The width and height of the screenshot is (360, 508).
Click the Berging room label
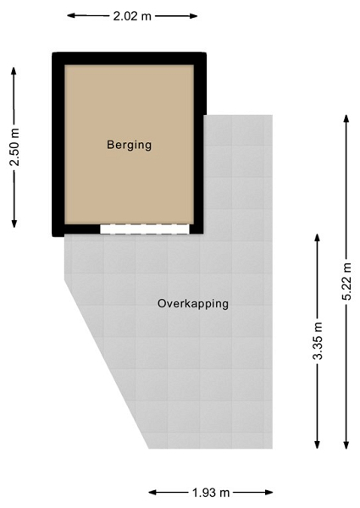(x=130, y=145)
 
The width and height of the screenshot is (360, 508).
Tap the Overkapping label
(x=193, y=304)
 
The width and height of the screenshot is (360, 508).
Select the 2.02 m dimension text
(x=132, y=16)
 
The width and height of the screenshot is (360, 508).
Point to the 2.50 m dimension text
(x=14, y=147)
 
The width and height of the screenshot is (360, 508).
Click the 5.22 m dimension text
(x=346, y=282)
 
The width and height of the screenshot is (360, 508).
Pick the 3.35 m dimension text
(x=318, y=341)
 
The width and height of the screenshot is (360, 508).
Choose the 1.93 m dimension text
(x=211, y=493)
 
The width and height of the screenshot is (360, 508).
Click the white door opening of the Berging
(x=145, y=229)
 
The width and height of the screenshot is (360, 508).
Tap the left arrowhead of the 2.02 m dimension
(x=70, y=15)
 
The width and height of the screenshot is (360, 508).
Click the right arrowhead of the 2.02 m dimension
(x=194, y=15)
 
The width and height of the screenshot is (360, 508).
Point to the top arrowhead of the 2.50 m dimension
(x=14, y=70)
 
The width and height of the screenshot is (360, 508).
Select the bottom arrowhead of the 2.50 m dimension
(x=14, y=224)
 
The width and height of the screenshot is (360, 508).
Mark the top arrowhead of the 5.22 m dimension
(x=346, y=119)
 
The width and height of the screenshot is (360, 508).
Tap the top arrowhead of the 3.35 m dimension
(x=318, y=237)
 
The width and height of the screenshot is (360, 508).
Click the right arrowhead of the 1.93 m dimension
(x=269, y=493)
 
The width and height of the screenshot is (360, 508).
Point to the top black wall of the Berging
(x=130, y=58)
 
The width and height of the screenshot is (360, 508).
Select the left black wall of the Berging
(x=58, y=144)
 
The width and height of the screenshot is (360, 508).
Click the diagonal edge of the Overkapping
(x=107, y=364)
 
